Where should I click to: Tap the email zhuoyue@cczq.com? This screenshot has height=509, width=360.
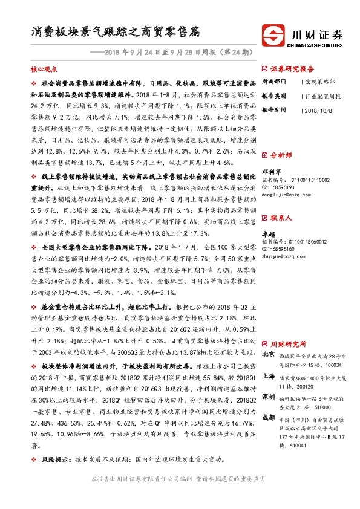(x=283, y=256)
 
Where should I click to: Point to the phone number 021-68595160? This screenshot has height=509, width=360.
(x=278, y=248)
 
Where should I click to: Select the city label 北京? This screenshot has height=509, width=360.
(x=268, y=355)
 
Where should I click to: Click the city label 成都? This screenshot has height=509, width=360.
(x=268, y=417)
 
